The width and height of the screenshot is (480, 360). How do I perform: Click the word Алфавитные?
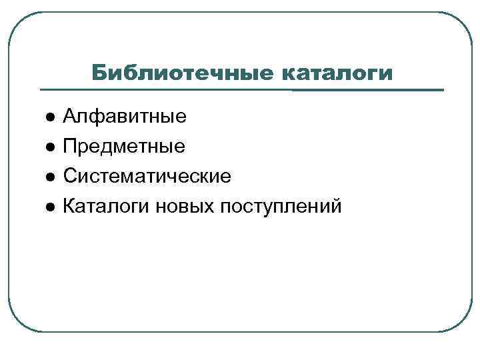point(125,118)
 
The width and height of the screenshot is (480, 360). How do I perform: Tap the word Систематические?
point(147,177)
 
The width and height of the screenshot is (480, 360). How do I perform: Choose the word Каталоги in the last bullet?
point(106,207)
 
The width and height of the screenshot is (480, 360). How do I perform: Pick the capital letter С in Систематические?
point(70,177)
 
